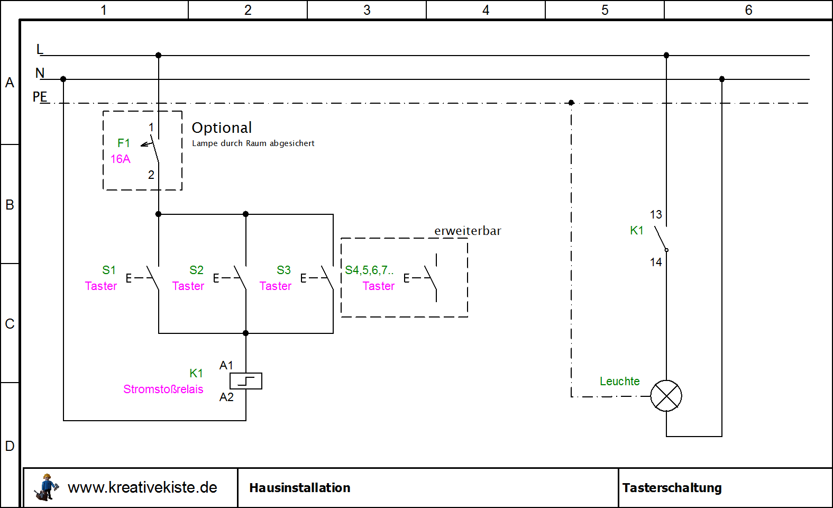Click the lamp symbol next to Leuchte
(666, 396)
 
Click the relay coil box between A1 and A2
(246, 381)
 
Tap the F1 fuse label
(124, 143)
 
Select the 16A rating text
(120, 159)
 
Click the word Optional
(222, 128)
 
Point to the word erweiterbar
(468, 231)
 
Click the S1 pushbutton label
(109, 270)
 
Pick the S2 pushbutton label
(196, 270)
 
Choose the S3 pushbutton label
(283, 270)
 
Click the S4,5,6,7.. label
(369, 270)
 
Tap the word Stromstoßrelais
(163, 389)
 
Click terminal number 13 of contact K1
(656, 214)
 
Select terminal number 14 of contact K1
(656, 262)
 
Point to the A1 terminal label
(226, 365)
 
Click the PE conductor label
(40, 97)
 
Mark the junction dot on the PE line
(571, 103)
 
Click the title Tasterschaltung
(672, 487)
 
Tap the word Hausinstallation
(300, 487)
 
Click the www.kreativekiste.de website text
(142, 487)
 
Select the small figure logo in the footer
(46, 487)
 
